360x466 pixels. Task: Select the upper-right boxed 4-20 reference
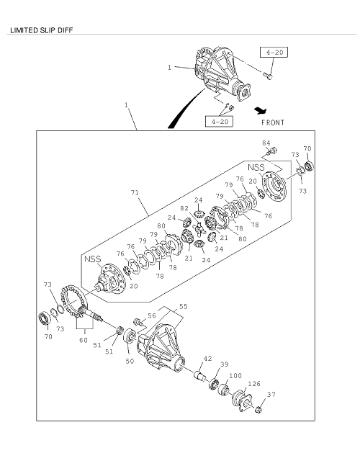(x=274, y=52)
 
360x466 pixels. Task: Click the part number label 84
(x=266, y=143)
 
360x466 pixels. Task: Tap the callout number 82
(x=185, y=208)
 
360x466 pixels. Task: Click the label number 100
(x=235, y=376)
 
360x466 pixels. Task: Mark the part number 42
(x=207, y=358)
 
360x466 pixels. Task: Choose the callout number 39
(x=224, y=365)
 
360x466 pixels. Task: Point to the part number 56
(x=151, y=315)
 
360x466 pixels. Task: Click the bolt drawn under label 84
(x=272, y=152)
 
